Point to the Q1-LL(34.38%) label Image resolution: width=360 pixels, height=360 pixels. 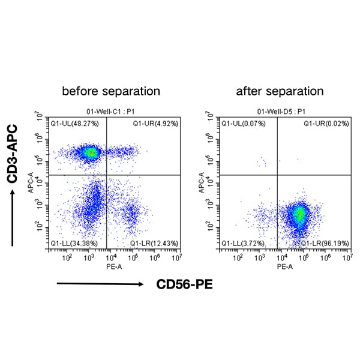click(x=70, y=244)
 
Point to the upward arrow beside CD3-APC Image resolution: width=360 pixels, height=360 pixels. click(x=12, y=216)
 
